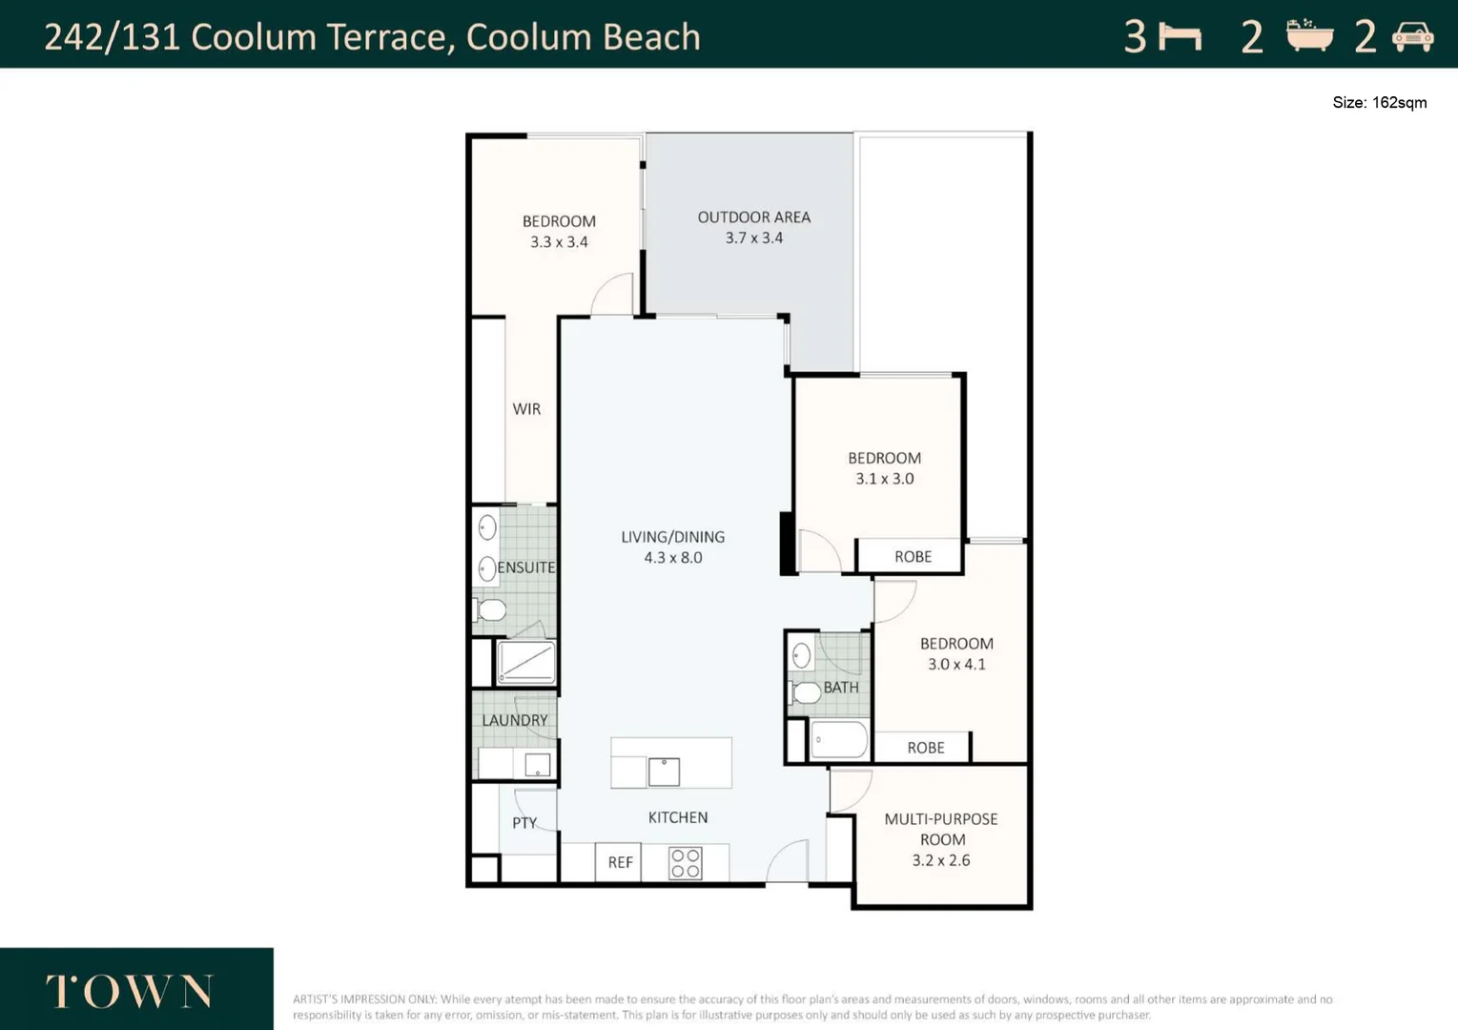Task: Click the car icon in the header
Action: pyautogui.click(x=1412, y=36)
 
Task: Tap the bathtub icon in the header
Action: pyautogui.click(x=1309, y=35)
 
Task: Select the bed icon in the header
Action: pyautogui.click(x=1181, y=37)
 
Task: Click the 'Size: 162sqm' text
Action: pyautogui.click(x=1379, y=103)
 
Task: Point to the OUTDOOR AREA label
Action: pyautogui.click(x=753, y=217)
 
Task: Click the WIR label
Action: pyautogui.click(x=526, y=409)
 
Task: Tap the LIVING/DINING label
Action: pyautogui.click(x=672, y=537)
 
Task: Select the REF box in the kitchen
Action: pyautogui.click(x=619, y=862)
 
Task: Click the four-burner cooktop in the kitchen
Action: pyautogui.click(x=686, y=863)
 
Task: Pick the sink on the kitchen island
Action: pyautogui.click(x=664, y=772)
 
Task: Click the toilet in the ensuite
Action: pyautogui.click(x=489, y=610)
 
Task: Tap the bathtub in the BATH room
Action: pyautogui.click(x=839, y=740)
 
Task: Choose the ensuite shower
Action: pyautogui.click(x=526, y=663)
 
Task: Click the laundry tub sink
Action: pyautogui.click(x=537, y=765)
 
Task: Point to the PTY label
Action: pyautogui.click(x=524, y=823)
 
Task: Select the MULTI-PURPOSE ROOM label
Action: pyautogui.click(x=941, y=829)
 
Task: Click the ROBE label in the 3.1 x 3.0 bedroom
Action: pyautogui.click(x=913, y=557)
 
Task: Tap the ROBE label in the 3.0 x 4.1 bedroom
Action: pyautogui.click(x=926, y=748)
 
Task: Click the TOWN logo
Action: pyautogui.click(x=130, y=991)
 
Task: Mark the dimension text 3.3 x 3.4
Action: pyautogui.click(x=559, y=242)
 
